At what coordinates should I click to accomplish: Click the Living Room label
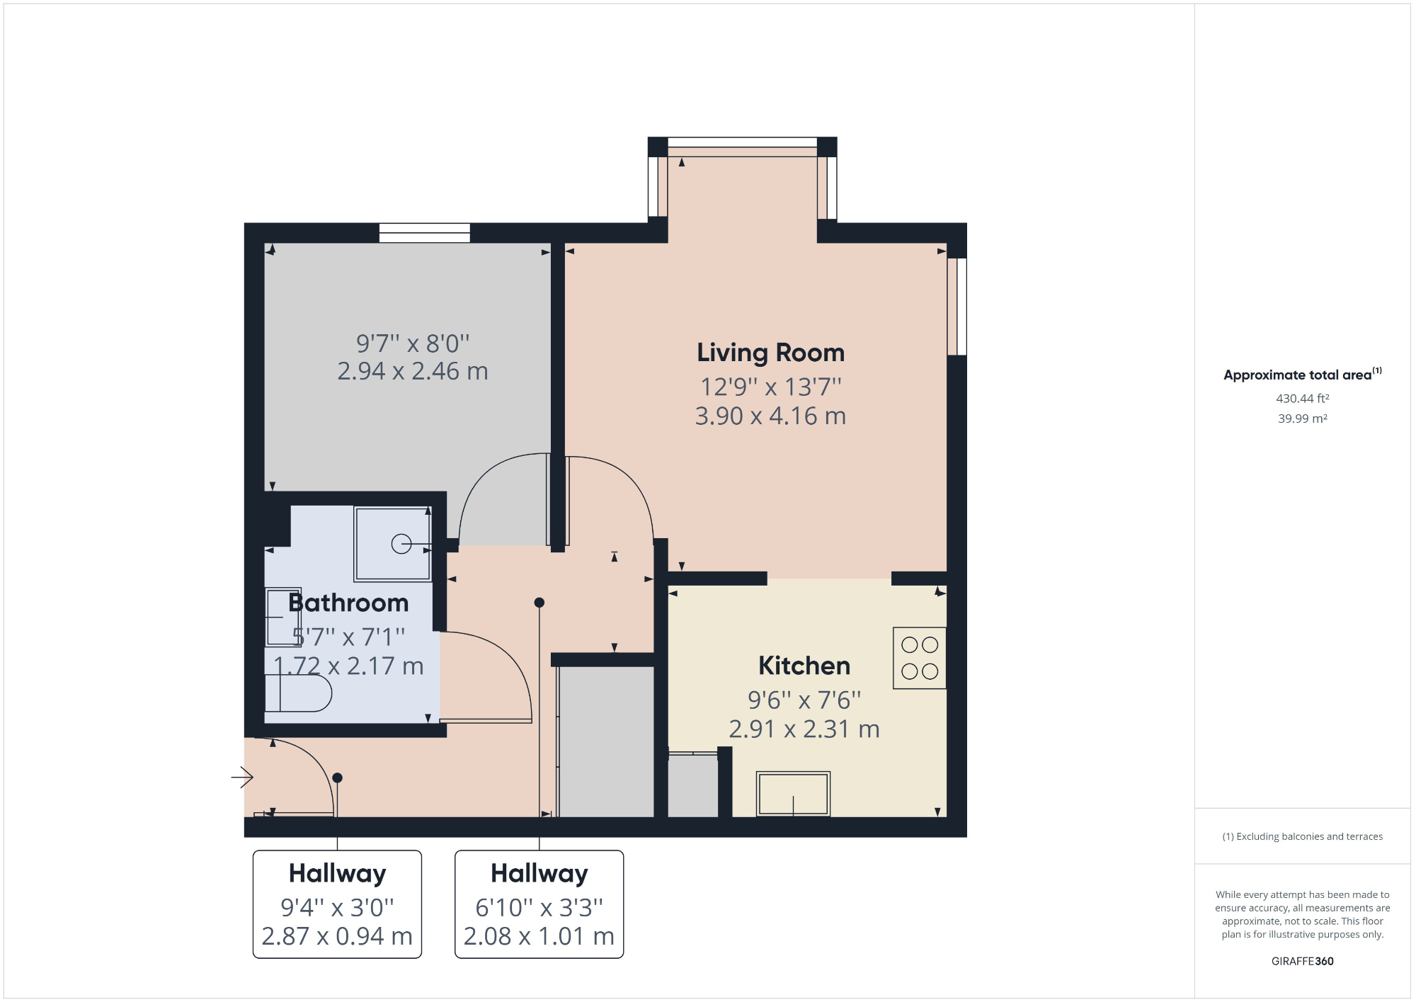[770, 353]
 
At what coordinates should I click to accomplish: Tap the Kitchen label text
[804, 666]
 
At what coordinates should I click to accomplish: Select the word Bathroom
[348, 603]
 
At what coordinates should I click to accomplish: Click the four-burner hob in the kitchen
[919, 658]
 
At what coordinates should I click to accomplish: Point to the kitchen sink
[793, 794]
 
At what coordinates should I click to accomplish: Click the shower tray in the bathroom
[393, 544]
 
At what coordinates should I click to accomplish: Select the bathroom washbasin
[282, 617]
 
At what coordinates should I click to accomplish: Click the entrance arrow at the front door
[242, 777]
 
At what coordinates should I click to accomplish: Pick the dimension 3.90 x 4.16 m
[770, 416]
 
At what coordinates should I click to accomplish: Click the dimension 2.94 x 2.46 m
[412, 371]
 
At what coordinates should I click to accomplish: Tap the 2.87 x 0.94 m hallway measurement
[337, 936]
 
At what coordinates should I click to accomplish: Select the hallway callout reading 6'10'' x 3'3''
[539, 906]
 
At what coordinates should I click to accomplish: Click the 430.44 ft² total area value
[1302, 399]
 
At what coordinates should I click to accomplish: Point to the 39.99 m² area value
[1302, 419]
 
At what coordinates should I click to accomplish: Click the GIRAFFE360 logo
[1302, 961]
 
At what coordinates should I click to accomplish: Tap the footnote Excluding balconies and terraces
[1302, 836]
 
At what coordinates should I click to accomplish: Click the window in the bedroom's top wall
[424, 232]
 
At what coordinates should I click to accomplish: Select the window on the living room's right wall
[957, 306]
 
